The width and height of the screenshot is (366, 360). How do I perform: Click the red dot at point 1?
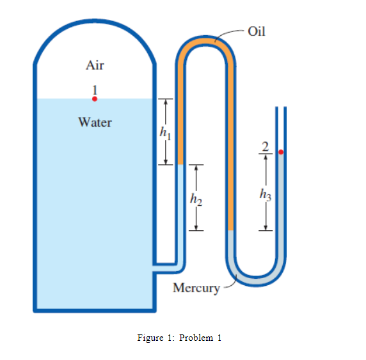[x=95, y=99]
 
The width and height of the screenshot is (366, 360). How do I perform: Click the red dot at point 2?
[x=280, y=153]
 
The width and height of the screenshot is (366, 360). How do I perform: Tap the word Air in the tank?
[x=95, y=65]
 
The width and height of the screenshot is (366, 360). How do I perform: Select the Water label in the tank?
[x=95, y=122]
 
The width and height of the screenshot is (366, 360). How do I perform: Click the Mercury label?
[x=196, y=288]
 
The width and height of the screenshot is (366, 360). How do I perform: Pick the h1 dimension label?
[x=166, y=133]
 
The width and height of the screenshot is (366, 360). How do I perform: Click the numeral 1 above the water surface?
[x=95, y=88]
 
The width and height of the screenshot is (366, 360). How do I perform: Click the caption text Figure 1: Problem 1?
[x=179, y=338]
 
